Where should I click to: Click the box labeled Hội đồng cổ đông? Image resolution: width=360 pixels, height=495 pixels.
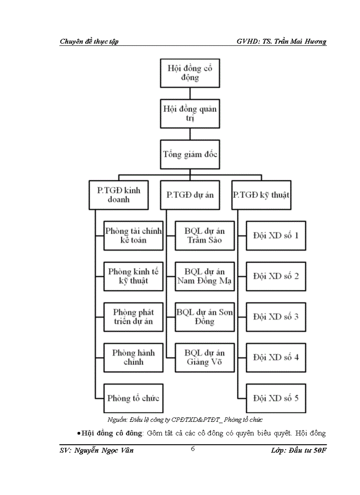[190, 73]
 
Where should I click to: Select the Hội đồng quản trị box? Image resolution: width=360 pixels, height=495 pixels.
[190, 114]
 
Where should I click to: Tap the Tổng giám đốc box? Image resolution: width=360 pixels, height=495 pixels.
[190, 154]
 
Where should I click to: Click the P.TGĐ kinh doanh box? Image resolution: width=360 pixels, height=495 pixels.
[118, 195]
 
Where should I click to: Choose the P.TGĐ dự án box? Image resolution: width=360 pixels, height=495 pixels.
[190, 195]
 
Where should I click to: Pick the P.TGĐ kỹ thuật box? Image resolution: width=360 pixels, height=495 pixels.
[261, 195]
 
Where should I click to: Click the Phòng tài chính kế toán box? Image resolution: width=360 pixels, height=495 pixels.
[133, 236]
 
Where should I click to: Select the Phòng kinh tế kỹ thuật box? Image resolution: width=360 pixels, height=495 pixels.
[133, 276]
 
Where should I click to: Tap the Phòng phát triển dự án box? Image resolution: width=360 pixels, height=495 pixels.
[133, 317]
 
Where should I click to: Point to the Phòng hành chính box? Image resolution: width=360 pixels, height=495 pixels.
[133, 357]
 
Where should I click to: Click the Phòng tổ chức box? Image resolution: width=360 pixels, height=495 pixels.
[133, 398]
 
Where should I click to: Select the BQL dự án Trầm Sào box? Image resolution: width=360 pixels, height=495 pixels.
[205, 236]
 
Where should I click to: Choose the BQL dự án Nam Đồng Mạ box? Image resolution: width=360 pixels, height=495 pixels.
[205, 276]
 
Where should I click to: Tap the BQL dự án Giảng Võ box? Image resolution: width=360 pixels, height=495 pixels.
[205, 357]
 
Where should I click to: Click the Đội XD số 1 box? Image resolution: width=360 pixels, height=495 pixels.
[276, 236]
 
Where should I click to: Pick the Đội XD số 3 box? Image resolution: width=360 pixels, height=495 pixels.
[276, 317]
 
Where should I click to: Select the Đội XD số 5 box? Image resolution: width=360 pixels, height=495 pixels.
[276, 398]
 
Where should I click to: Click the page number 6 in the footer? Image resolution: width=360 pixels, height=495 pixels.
[193, 449]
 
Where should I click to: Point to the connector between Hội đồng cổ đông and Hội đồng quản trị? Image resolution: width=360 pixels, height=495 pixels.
[190, 93]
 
